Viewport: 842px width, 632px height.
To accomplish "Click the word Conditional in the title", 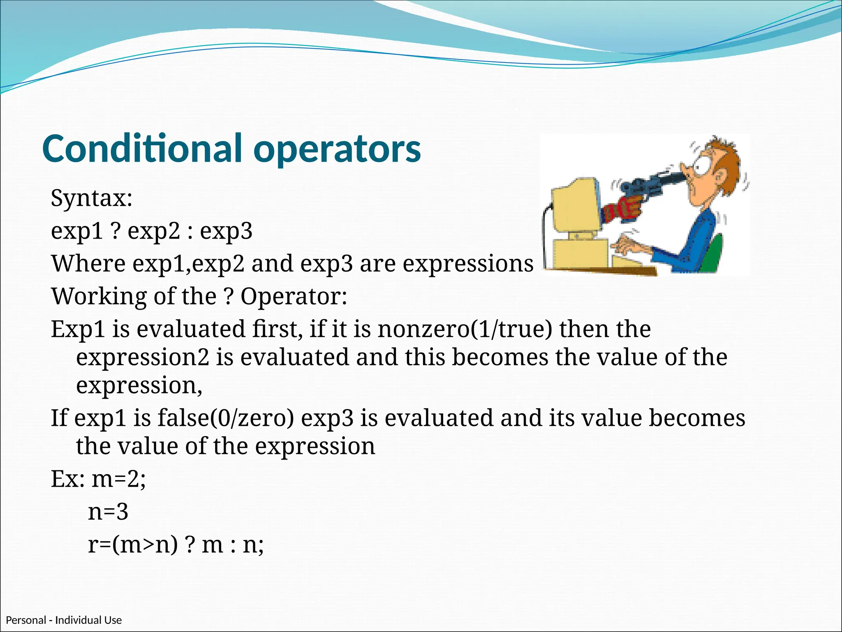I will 142,149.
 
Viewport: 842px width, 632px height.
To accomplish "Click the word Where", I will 88,263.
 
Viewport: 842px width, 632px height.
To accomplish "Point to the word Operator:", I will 294,296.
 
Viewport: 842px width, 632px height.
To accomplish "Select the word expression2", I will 142,358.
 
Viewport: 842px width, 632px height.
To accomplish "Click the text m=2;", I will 118,479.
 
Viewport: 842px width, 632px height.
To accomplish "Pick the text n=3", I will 108,512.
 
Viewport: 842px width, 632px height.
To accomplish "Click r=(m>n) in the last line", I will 133,545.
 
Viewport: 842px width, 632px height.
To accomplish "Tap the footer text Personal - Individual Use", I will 64,620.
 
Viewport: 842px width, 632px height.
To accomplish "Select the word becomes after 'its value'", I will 697,418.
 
